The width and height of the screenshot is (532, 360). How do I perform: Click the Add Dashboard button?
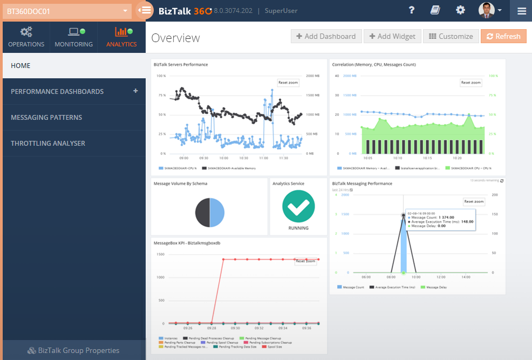(x=326, y=36)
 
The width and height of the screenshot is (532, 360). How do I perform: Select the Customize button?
(x=451, y=36)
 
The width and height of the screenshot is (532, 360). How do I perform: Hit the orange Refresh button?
(x=503, y=36)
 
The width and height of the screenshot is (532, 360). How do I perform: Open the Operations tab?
(x=26, y=37)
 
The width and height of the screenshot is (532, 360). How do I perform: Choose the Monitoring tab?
(x=73, y=37)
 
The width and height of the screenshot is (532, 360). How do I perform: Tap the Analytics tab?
(x=121, y=37)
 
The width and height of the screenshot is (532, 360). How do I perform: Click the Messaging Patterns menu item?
(x=46, y=118)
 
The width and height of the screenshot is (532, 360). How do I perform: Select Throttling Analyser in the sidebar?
(x=48, y=144)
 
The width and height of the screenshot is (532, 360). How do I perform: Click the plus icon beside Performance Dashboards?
(x=135, y=91)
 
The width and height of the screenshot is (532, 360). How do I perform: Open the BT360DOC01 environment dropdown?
(x=67, y=10)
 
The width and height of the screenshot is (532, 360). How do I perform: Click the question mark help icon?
(x=412, y=10)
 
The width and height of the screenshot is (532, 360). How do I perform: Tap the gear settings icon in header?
(x=460, y=10)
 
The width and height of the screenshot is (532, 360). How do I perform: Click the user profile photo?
(x=486, y=10)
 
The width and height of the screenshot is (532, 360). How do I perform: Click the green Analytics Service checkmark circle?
(x=298, y=206)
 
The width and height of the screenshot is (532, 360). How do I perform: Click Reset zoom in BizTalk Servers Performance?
(x=288, y=83)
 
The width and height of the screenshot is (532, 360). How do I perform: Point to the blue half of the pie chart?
(x=217, y=212)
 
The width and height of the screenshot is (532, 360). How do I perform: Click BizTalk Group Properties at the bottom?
(x=73, y=350)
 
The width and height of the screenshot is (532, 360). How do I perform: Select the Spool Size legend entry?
(x=274, y=347)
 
